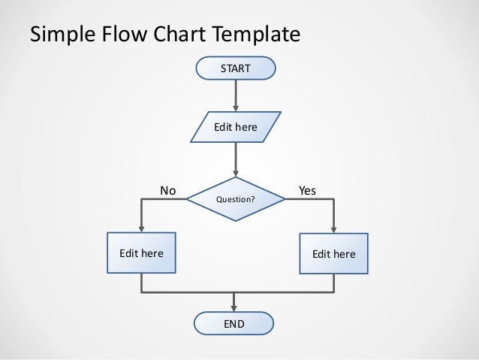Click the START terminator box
tap(235, 69)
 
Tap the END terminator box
tap(234, 323)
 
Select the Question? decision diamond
tap(236, 200)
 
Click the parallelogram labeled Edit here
tap(236, 127)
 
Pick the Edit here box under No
tap(141, 254)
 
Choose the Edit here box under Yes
tap(333, 254)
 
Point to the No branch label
tap(168, 191)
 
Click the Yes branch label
tap(307, 191)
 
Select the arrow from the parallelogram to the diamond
tap(236, 159)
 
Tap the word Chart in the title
tap(179, 34)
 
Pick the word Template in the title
tap(257, 35)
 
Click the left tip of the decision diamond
tap(188, 200)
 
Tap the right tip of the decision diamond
tap(285, 200)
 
